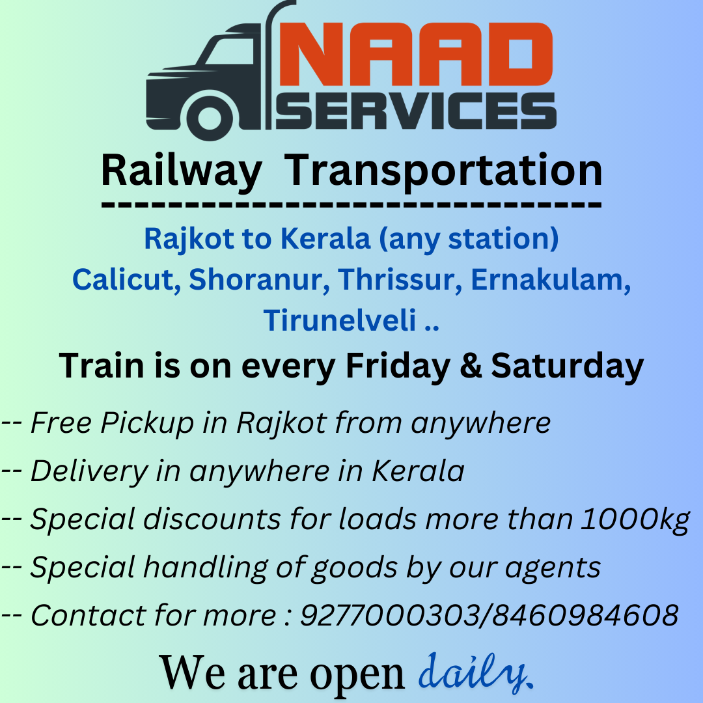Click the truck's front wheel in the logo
coord(210,117)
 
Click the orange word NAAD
coord(416,54)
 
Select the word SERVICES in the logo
coord(416,111)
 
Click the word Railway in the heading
coord(181,172)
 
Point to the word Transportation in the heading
coord(443,171)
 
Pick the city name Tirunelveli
coord(340,320)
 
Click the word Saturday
coord(568,366)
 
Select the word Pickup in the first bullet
coord(147,423)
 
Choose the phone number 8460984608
coord(586,615)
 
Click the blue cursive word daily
coord(475,672)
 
